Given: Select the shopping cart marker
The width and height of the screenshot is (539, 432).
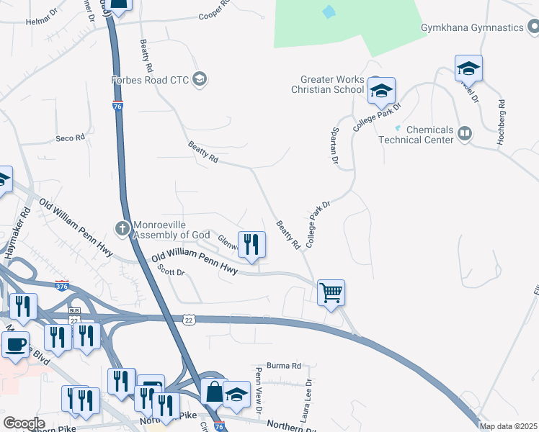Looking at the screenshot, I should [331, 293].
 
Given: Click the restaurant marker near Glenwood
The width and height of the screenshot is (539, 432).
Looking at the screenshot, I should [251, 244].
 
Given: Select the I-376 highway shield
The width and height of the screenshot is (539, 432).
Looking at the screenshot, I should [62, 286].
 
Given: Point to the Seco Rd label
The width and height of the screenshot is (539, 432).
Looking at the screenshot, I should [71, 137].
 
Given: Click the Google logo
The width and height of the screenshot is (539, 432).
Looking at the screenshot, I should [24, 423].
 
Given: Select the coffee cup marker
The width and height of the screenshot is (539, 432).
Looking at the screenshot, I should [14, 343].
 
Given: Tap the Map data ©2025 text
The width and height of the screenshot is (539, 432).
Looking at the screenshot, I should [508, 426].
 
